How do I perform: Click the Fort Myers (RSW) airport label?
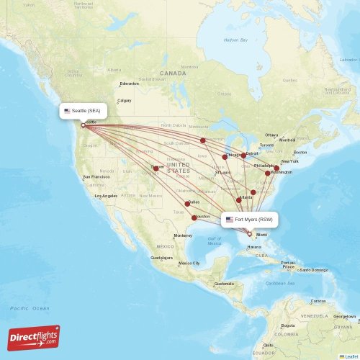tap(249, 219)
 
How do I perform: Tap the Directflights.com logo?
tap(34, 337)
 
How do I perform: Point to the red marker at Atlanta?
tap(239, 199)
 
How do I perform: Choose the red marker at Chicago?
tap(225, 156)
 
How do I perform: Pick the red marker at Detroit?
tap(243, 155)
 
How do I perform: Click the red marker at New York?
tap(276, 168)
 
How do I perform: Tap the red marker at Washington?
tap(268, 173)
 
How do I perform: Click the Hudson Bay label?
tap(235, 40)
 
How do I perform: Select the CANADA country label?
tap(173, 73)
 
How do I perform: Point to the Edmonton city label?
tap(130, 84)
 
